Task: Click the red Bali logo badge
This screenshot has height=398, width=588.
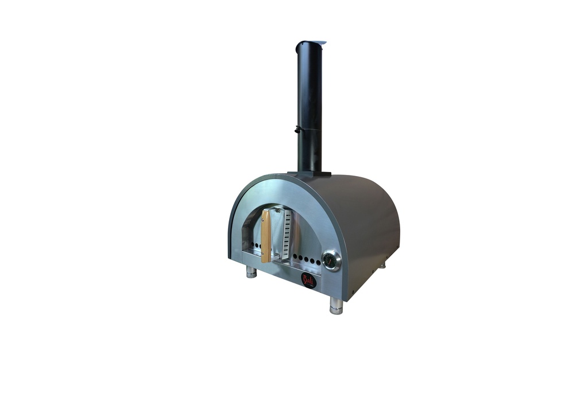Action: pos(308,280)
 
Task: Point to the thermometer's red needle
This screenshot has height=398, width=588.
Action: pos(331,259)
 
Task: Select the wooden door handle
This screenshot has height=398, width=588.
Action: pos(266,235)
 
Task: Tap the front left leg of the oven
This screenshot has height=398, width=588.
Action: pos(251,271)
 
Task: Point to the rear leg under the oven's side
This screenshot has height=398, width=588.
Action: pos(382,265)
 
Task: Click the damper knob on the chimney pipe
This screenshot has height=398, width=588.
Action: pos(297,129)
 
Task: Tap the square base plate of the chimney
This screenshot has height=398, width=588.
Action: pos(309,173)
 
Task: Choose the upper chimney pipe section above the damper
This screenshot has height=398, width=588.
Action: pos(310,86)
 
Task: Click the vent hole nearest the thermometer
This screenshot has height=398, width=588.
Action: pos(319,262)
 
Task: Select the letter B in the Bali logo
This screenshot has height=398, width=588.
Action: pos(305,279)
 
